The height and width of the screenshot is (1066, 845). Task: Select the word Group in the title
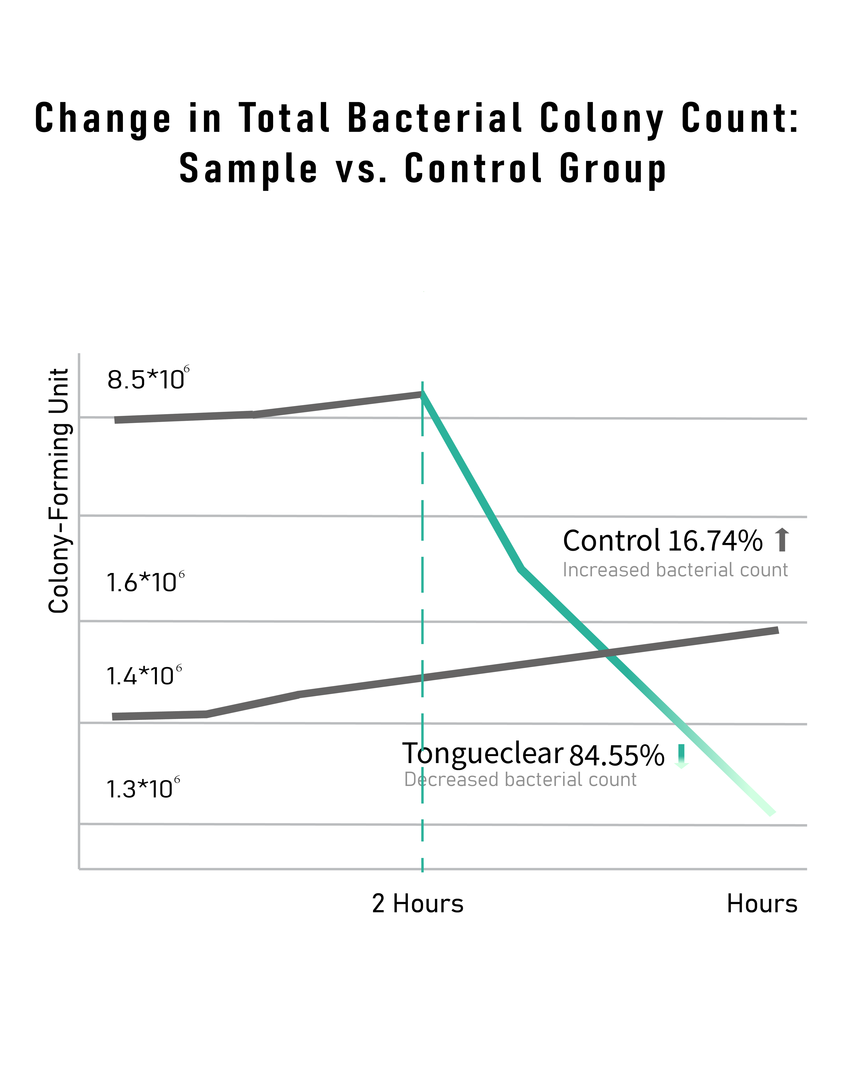click(x=613, y=169)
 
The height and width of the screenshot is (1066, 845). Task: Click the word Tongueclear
click(x=483, y=753)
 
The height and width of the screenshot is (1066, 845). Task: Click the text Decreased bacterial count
click(x=520, y=780)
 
